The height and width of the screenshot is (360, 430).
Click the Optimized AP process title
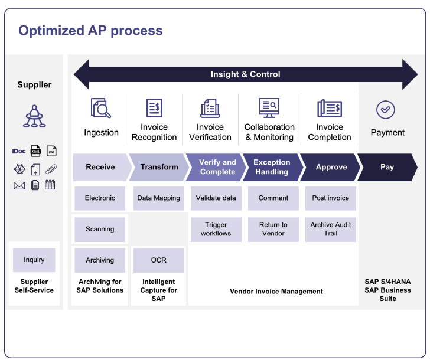[90, 31]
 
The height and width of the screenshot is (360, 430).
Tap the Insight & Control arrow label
[245, 74]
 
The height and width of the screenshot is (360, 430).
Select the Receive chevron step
[100, 167]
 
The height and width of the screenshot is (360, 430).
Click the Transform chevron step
[159, 167]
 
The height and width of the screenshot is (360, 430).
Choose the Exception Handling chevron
[271, 167]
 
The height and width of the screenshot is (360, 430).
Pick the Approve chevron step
[331, 167]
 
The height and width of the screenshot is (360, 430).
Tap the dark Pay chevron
[387, 167]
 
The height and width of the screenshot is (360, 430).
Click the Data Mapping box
[158, 198]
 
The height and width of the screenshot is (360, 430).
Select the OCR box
[158, 260]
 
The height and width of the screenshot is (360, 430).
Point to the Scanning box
[100, 229]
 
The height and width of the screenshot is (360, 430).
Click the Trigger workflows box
[216, 229]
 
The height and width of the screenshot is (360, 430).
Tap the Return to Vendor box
[273, 229]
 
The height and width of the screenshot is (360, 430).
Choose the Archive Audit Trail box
[330, 229]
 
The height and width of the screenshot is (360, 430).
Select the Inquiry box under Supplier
[34, 260]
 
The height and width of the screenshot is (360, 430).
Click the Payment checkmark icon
[386, 110]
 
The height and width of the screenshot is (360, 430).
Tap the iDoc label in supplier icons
[19, 151]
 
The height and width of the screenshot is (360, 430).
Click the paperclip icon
[51, 169]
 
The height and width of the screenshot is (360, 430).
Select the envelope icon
[19, 185]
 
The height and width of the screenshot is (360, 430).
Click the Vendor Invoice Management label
[276, 292]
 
